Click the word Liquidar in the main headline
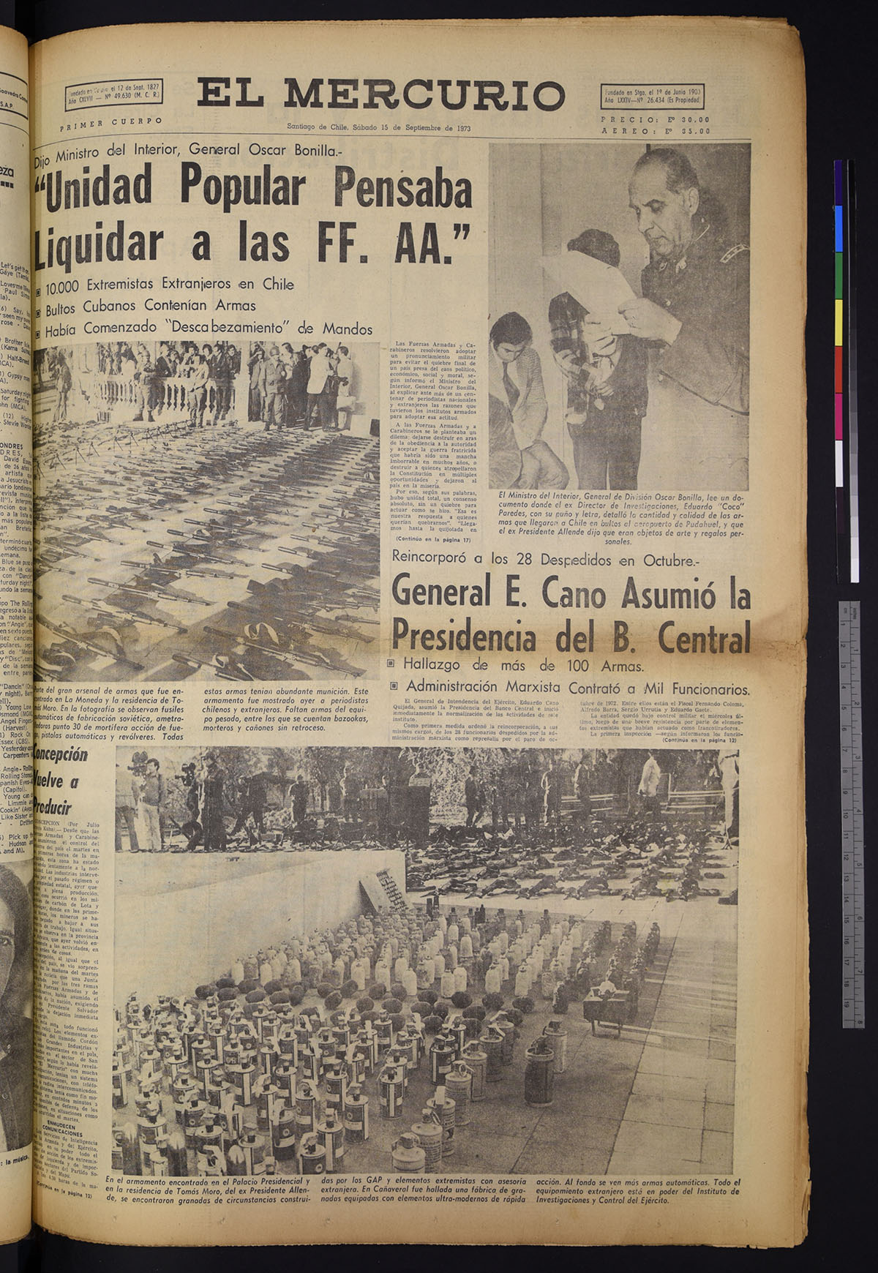[x=99, y=243]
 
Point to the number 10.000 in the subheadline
[x=72, y=284]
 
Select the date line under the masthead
[x=378, y=127]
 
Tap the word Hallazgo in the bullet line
[x=440, y=666]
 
